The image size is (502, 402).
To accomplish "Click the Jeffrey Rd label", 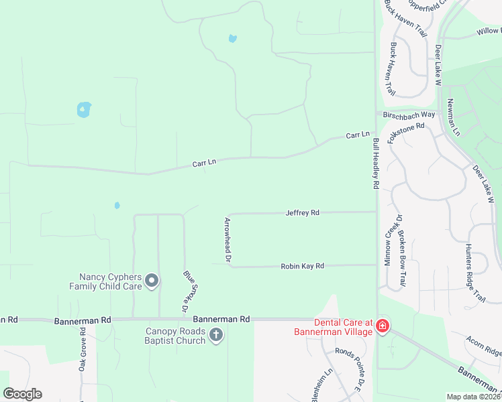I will [302, 212].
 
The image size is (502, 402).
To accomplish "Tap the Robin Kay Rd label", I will [302, 266].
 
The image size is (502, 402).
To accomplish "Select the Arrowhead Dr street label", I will [228, 239].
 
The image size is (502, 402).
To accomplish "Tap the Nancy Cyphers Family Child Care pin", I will [152, 281].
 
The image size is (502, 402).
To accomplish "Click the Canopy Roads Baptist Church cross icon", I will [215, 335].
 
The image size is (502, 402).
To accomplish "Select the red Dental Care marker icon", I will [382, 326].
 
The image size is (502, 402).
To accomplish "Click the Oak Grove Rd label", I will [82, 353].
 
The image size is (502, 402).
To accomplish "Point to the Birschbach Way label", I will [409, 115].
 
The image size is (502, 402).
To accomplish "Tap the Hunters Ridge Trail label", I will [474, 273].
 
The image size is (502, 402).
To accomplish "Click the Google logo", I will [22, 394].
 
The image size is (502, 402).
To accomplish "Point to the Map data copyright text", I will [474, 397].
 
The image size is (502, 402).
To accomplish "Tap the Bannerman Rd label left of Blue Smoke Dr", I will [83, 321].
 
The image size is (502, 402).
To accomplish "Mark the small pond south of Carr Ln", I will [117, 205].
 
